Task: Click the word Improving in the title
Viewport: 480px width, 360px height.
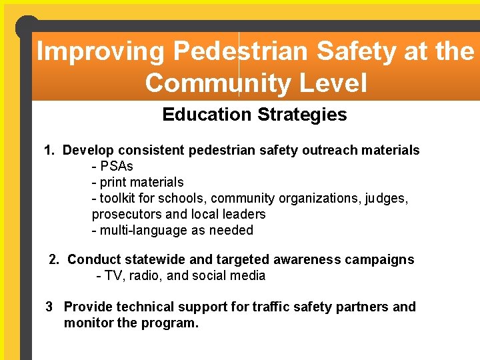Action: coord(99,51)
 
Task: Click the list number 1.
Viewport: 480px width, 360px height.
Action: coord(48,150)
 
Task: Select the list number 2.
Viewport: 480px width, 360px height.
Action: coord(55,259)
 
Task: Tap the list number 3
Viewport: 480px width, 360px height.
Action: coord(49,307)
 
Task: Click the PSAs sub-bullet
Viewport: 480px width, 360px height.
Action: coord(116,166)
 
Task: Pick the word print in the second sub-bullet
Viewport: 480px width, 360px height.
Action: coord(113,182)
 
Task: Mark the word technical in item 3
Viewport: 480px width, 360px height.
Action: coord(143,307)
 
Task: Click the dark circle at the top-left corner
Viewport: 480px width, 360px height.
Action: coord(27,27)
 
